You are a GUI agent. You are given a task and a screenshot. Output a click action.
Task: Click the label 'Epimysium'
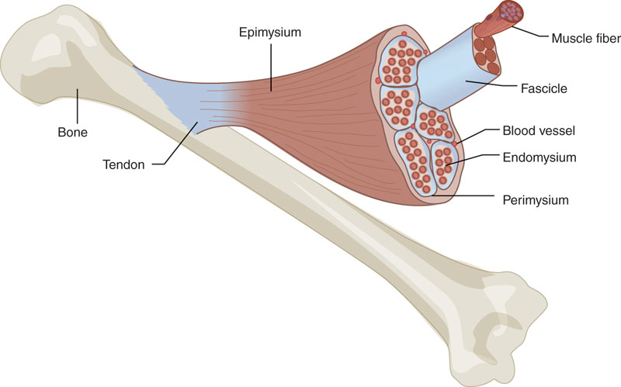269,33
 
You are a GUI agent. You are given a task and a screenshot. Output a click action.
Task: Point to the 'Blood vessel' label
538,132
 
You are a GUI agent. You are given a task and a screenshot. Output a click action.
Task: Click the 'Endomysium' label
539,157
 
